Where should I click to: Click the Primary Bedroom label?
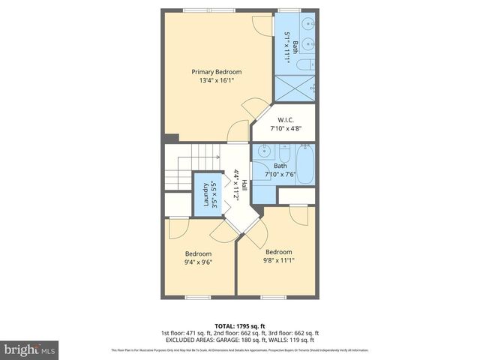[217, 72]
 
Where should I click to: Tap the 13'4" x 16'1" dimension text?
[217, 81]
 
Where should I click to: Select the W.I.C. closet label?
[285, 120]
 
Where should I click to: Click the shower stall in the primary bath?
[295, 88]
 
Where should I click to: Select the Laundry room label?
[206, 194]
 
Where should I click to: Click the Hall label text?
[242, 184]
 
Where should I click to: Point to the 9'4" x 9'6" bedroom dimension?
[199, 262]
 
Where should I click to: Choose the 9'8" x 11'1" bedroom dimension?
[278, 261]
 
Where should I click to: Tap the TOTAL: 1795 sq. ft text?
[239, 325]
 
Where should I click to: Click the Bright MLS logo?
[29, 349]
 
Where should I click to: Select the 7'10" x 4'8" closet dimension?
[285, 129]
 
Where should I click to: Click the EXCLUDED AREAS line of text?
[239, 340]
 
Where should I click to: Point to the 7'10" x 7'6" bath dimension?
[280, 175]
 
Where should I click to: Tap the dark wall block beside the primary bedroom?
[172, 139]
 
